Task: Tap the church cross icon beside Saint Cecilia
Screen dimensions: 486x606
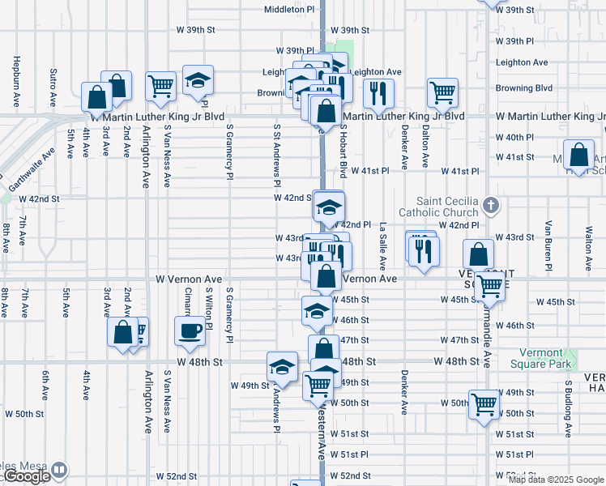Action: coord(490,203)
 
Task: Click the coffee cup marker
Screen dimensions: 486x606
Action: coord(190,330)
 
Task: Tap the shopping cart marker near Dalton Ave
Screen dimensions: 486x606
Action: coord(443,92)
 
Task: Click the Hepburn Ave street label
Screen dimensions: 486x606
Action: coord(15,82)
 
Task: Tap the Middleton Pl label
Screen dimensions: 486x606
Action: coord(289,10)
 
